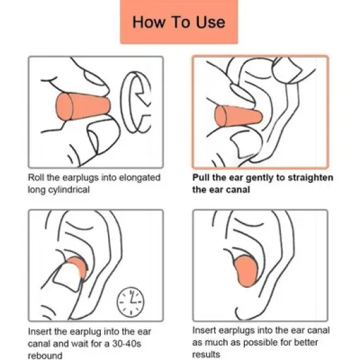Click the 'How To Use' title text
(179, 22)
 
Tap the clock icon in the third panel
(130, 302)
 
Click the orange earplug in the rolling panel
(83, 107)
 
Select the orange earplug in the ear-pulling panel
(238, 116)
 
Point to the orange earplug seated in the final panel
(245, 271)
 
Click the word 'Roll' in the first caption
(36, 177)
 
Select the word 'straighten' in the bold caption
(310, 178)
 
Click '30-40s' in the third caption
(126, 344)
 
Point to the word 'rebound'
(45, 355)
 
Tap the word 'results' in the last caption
(206, 354)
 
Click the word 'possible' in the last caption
(261, 342)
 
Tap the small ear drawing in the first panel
(136, 102)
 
